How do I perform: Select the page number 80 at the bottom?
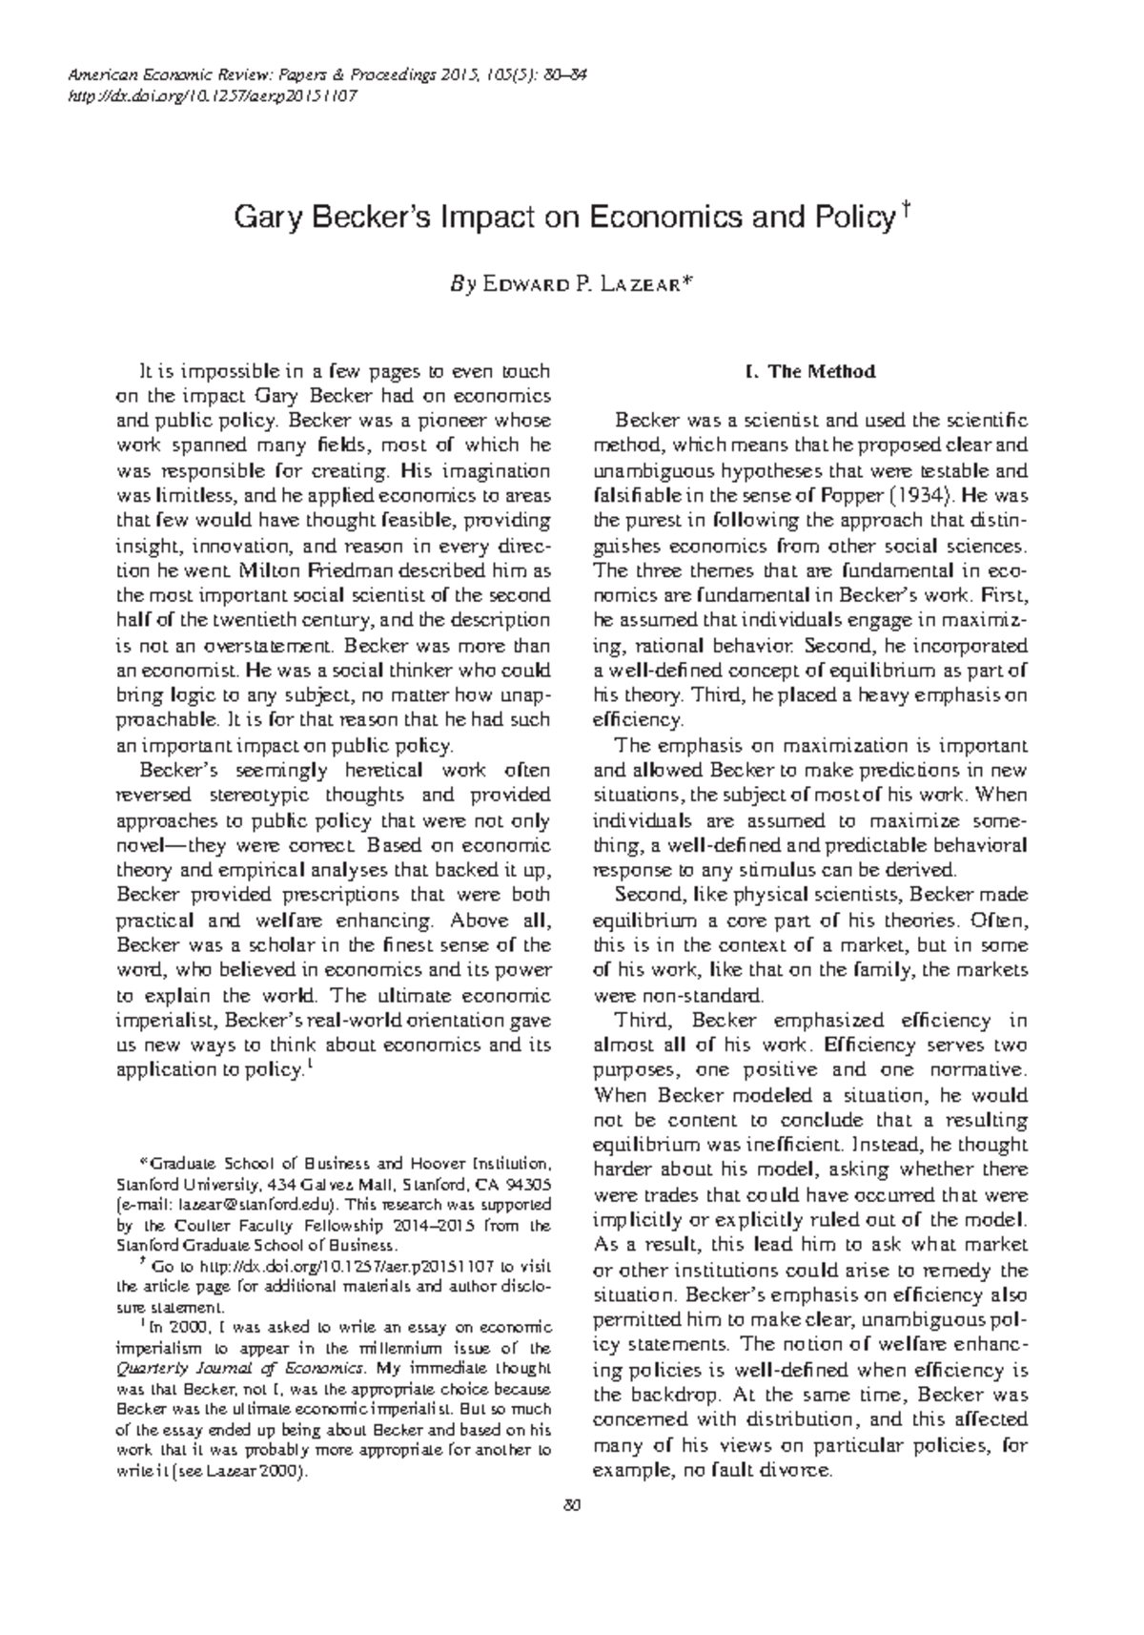pos(572,1504)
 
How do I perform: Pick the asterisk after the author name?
pos(683,281)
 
